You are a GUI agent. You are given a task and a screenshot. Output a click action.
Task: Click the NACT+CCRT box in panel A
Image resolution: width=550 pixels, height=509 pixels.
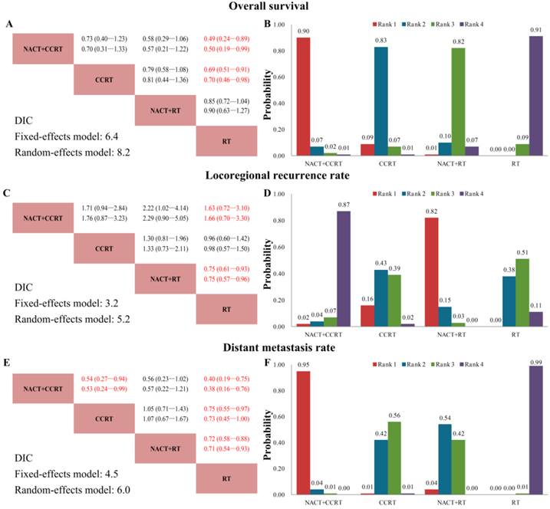click(x=42, y=48)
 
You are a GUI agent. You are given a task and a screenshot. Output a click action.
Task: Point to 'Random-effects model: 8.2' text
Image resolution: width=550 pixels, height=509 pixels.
click(x=71, y=151)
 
